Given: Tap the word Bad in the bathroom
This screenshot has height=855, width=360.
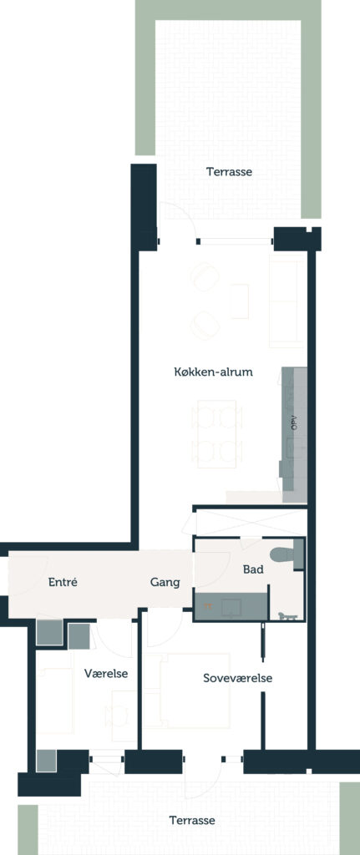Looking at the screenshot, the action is [x=253, y=569].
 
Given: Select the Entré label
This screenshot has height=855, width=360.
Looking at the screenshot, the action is [x=63, y=582].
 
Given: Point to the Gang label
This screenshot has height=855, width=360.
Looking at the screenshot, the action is [x=165, y=583].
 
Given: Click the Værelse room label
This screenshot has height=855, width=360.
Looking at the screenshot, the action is [x=106, y=674].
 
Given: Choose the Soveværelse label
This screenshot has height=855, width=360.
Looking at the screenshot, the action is [x=238, y=679].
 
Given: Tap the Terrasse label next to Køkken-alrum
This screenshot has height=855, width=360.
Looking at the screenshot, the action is [x=229, y=172].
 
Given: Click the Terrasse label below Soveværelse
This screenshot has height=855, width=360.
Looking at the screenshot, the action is [x=192, y=820].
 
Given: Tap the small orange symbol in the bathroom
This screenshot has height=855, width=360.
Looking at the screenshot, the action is [x=207, y=605].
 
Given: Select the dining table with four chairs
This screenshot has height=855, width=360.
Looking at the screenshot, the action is [x=216, y=434].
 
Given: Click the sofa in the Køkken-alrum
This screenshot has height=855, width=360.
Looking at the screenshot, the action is [x=286, y=301].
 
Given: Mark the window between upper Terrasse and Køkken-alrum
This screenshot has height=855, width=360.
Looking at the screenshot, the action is [x=235, y=240].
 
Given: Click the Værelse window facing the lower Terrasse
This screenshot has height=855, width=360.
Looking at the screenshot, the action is [x=107, y=759].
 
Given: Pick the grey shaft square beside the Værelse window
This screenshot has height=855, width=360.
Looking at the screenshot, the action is [x=47, y=761].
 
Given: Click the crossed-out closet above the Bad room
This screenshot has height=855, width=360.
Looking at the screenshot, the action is [x=251, y=524].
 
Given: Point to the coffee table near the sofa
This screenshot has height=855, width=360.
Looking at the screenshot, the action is [x=240, y=301].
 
